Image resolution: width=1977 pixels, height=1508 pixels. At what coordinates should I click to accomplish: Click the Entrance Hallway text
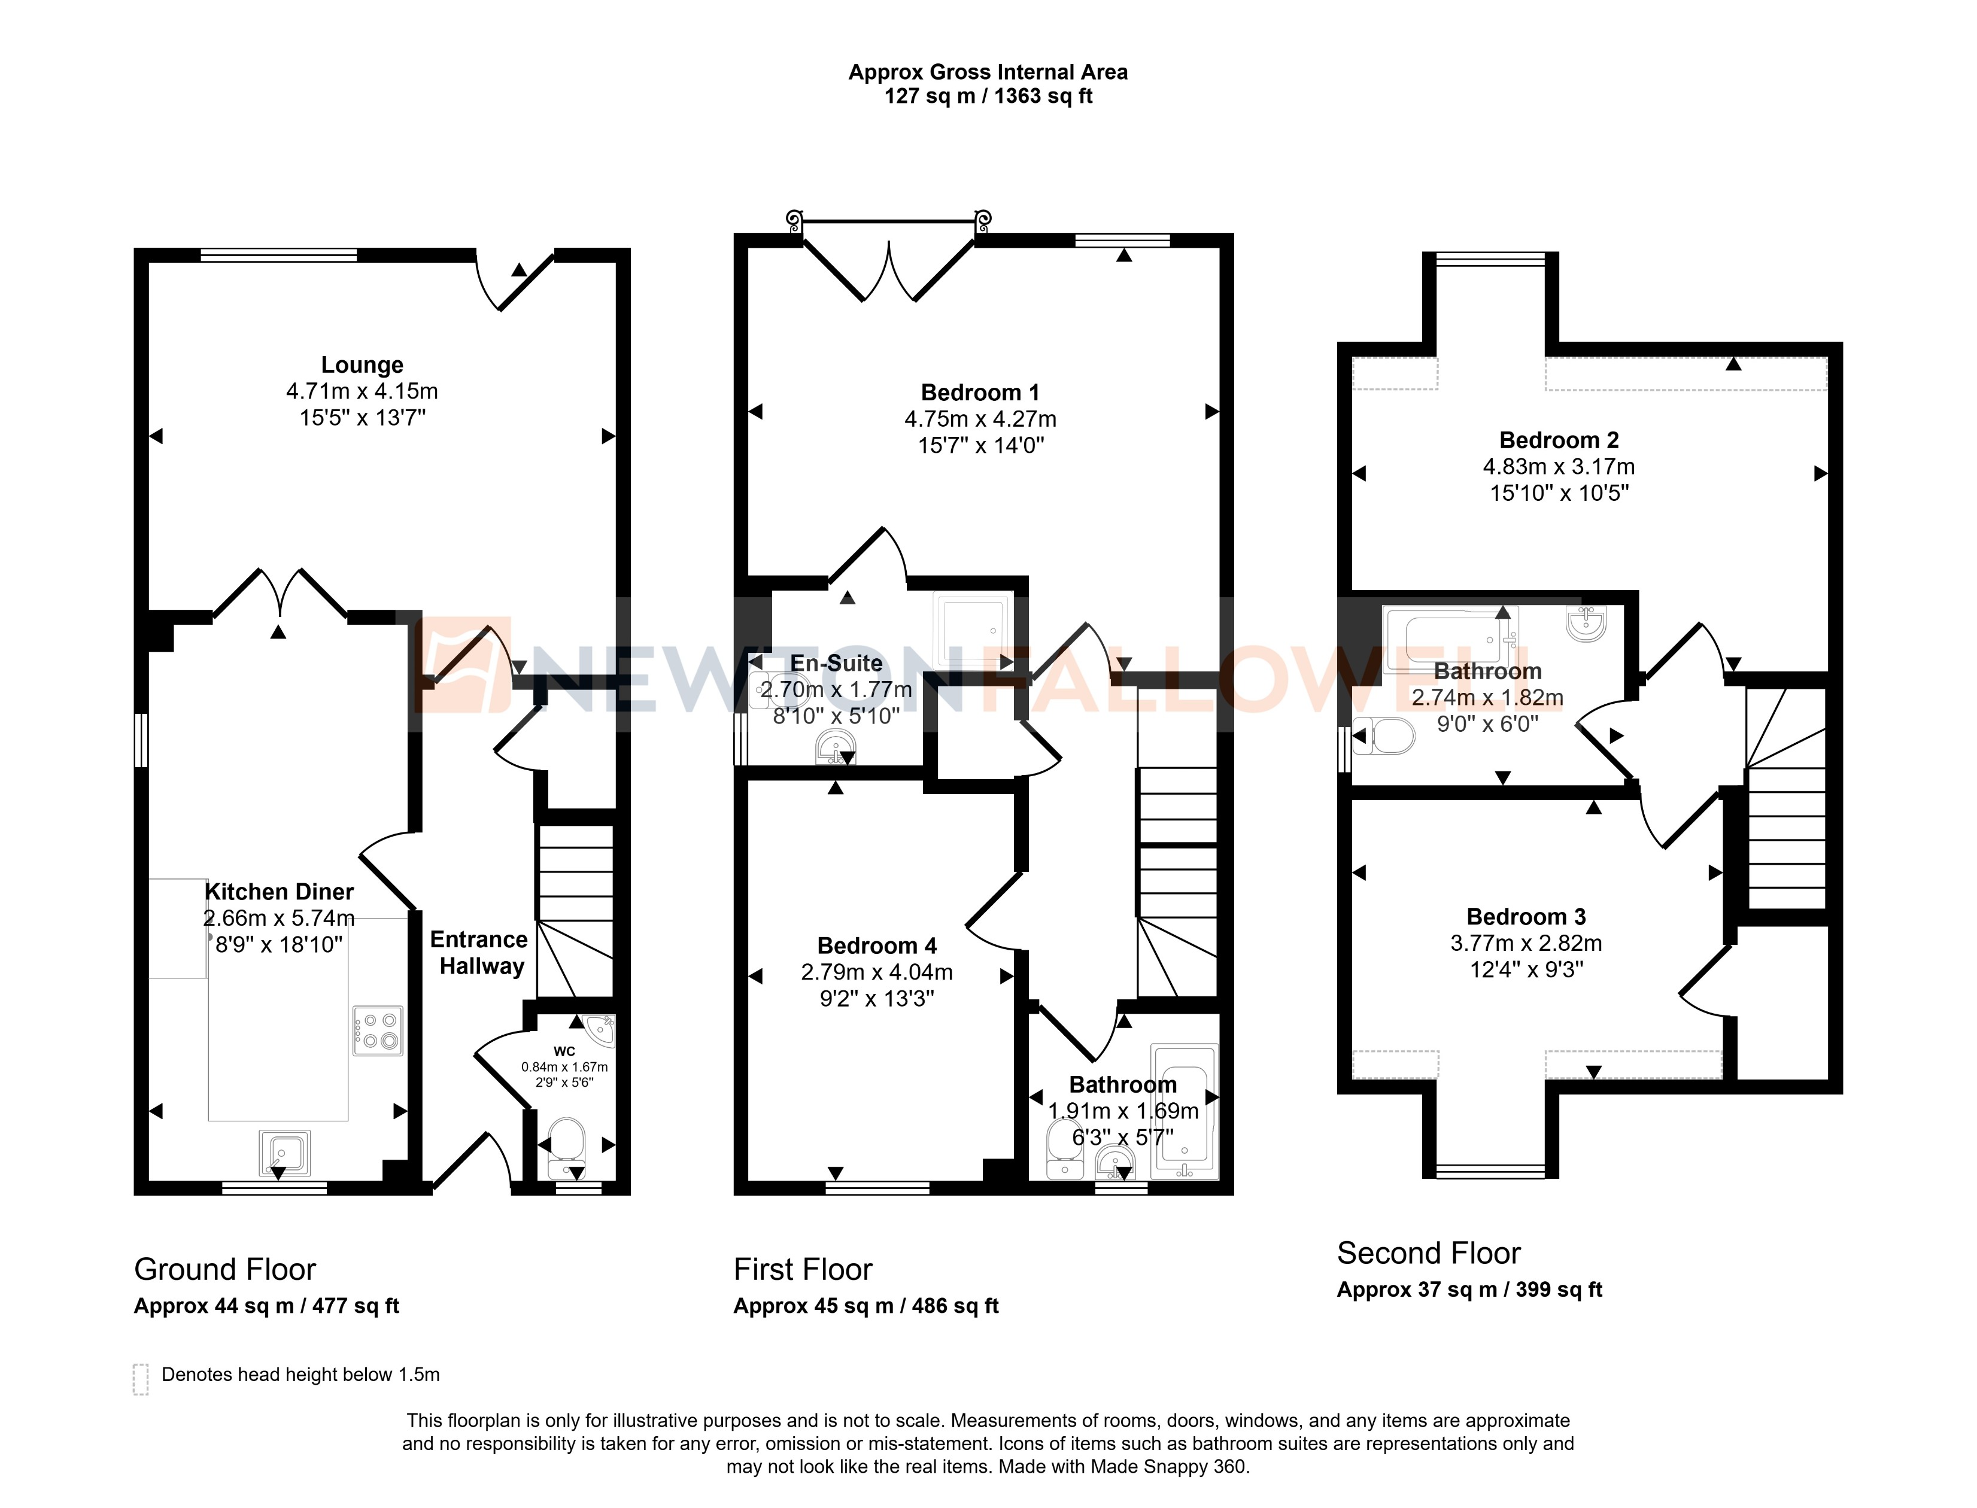coord(479,953)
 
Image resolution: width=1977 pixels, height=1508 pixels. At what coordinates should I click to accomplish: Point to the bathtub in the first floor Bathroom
coord(1184,1111)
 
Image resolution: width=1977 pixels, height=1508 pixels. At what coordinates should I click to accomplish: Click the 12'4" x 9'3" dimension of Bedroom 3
coord(1526,969)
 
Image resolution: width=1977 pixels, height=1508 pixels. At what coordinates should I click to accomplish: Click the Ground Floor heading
coord(224,1269)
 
